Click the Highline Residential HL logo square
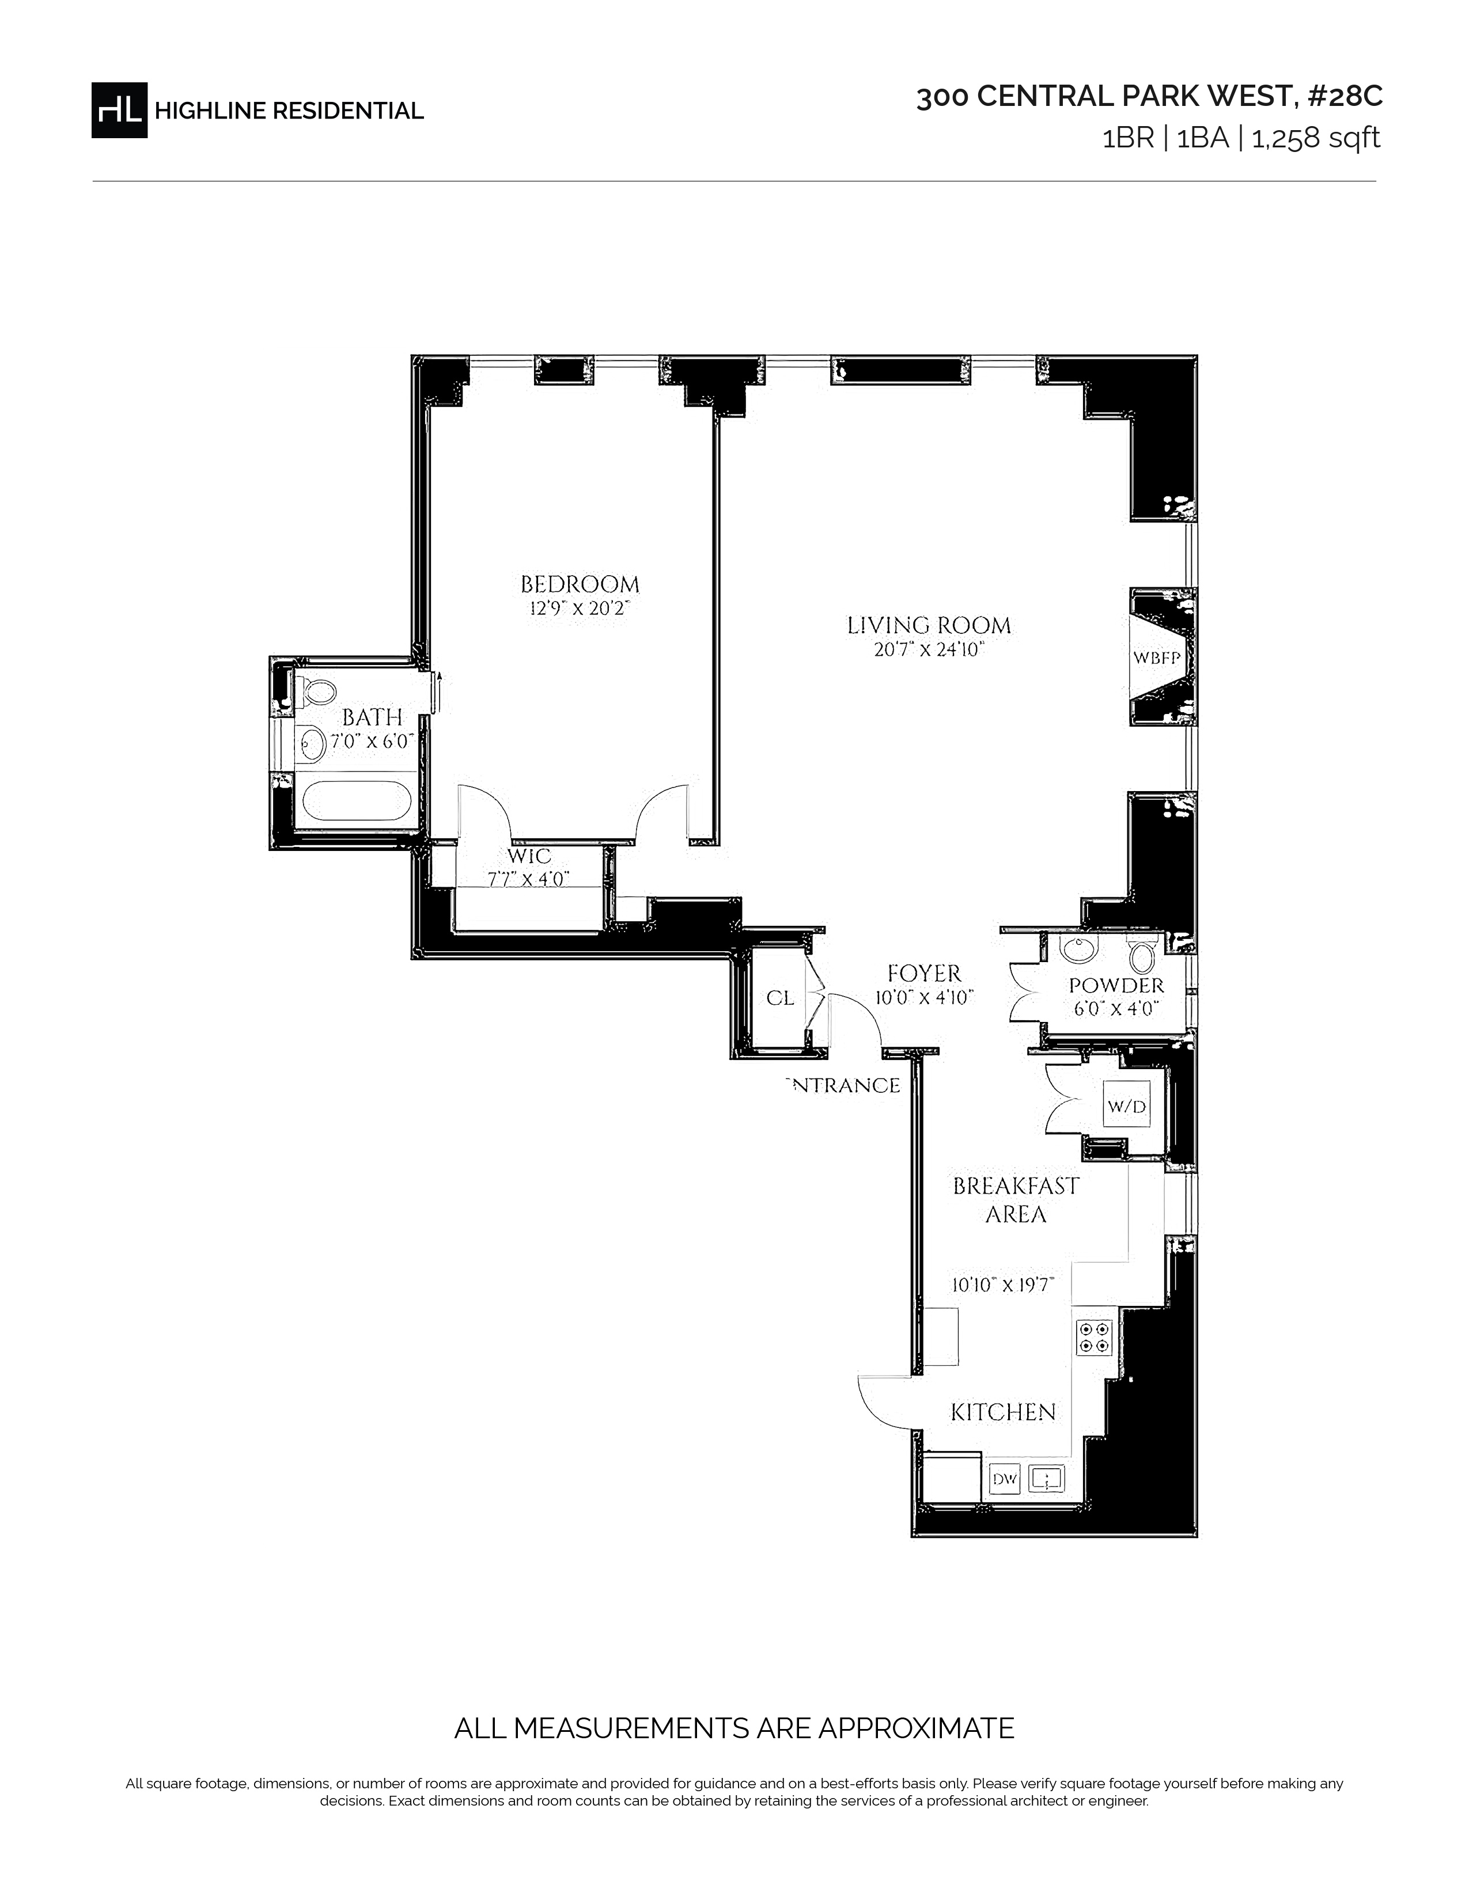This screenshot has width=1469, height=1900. point(119,109)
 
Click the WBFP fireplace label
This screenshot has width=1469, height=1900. point(1157,659)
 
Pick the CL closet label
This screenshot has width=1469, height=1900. point(780,998)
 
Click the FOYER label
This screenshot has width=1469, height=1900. point(924,974)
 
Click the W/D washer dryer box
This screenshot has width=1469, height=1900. point(1126,1107)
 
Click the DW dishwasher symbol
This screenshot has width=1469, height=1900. point(1004,1478)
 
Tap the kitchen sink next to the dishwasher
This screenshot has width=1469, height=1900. point(1046,1478)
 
